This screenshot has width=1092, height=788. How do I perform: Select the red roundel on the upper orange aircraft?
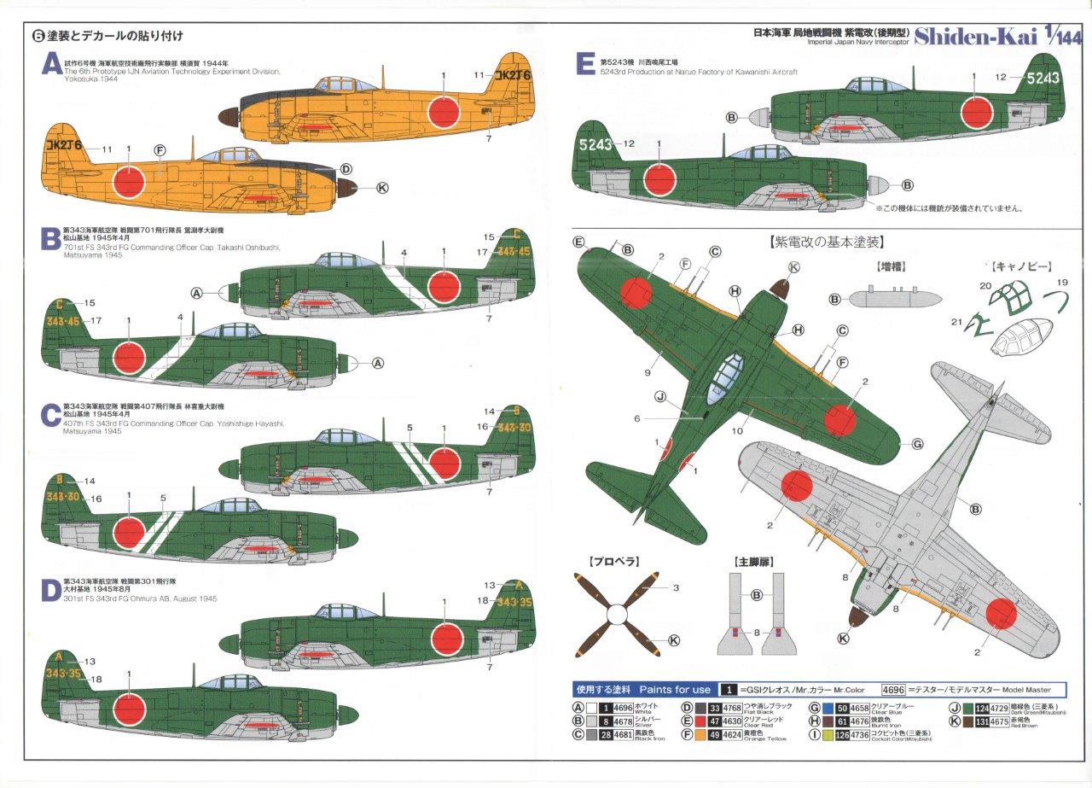[444, 108]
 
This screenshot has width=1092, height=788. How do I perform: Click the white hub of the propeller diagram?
[616, 613]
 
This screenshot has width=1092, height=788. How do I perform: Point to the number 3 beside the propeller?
[675, 588]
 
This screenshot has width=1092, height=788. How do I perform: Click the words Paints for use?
[674, 689]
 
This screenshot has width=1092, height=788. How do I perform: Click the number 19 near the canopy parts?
[1039, 283]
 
